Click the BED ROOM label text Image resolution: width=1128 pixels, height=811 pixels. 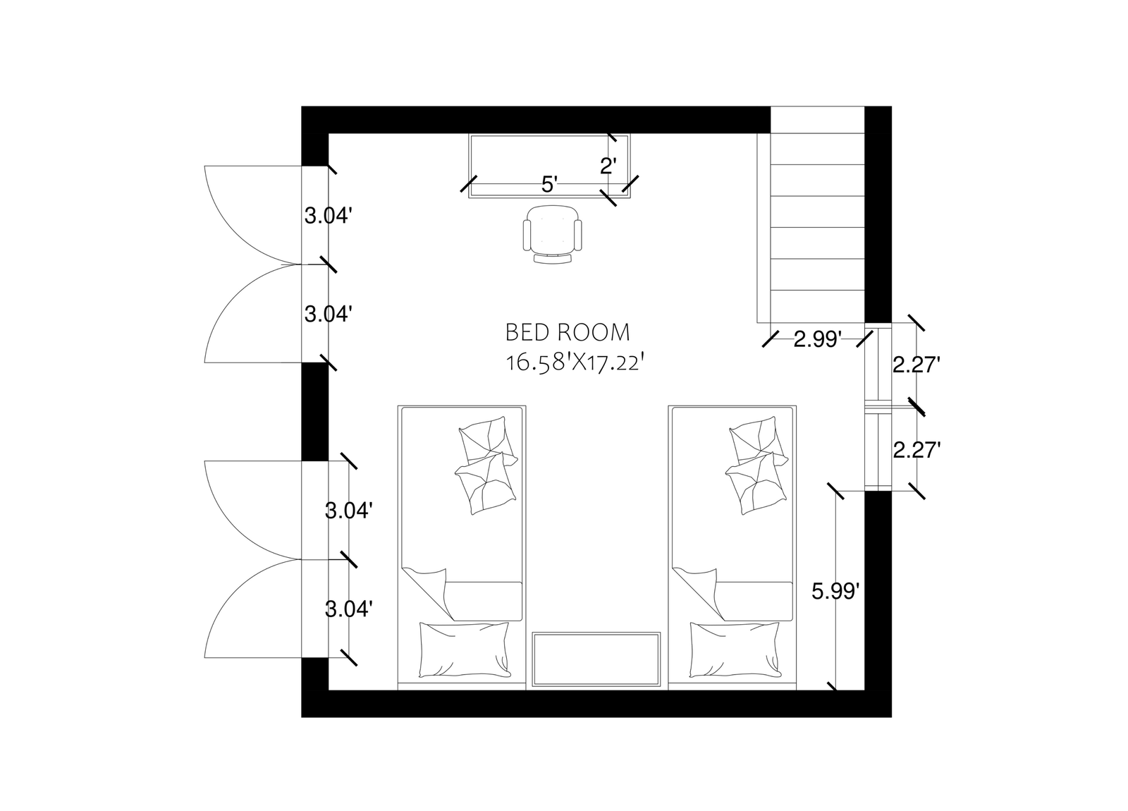coord(568,332)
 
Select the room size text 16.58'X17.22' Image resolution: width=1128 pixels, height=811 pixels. coord(575,362)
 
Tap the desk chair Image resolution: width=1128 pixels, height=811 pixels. coord(553,233)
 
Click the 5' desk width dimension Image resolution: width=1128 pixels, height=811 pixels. coord(549,185)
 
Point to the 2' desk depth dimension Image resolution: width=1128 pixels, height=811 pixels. coord(608,166)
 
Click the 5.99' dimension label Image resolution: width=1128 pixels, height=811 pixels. coord(835,592)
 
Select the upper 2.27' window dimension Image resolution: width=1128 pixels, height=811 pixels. coord(917,365)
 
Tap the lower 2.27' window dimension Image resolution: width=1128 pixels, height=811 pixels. coord(917,450)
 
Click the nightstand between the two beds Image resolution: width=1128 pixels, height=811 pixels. coord(596,659)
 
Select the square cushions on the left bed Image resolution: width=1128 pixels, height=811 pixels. coord(486,465)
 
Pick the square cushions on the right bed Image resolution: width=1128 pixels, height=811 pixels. coord(757,465)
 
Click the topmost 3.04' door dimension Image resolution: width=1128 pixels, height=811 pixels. coord(328,216)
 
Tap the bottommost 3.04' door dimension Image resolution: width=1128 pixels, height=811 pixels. coord(348,609)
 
